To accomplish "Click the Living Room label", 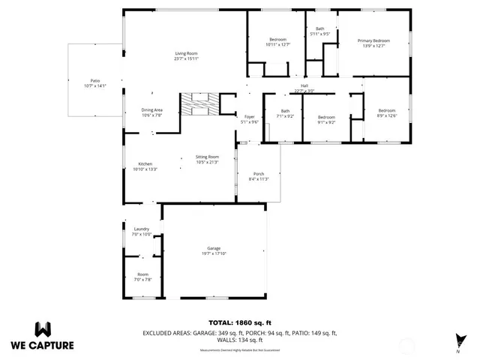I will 186,56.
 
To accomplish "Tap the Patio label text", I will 95,83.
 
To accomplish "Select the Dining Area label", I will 152,112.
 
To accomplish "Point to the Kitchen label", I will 145,166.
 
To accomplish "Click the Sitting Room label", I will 207,159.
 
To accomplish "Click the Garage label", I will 214,250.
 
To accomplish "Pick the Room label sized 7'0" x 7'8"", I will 142,277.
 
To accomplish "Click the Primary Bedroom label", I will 373,43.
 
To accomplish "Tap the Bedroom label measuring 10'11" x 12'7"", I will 277,42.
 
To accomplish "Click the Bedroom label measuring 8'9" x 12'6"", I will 386,112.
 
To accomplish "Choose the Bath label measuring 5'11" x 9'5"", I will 320,31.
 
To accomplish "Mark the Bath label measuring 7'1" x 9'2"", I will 285,113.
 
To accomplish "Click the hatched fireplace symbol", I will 199,103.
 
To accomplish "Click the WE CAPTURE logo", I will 42,336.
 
